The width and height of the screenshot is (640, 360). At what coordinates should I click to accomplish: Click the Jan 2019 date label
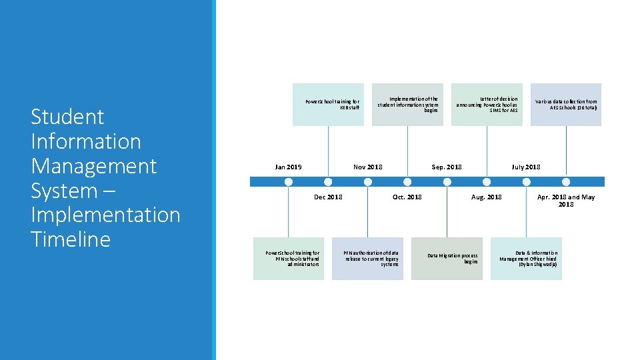[x=288, y=167]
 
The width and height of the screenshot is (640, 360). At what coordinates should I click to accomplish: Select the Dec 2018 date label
[x=328, y=197]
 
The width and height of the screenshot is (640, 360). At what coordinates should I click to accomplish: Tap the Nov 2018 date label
[x=368, y=167]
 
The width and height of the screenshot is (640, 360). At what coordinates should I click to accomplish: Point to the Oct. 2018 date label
[x=407, y=197]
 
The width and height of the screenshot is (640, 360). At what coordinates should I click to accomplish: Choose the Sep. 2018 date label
[x=447, y=167]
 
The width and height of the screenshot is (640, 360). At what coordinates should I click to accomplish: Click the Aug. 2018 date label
[x=487, y=197]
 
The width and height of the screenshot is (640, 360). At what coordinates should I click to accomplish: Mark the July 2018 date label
[x=526, y=167]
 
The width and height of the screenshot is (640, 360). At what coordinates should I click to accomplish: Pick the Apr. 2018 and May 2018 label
[x=566, y=201]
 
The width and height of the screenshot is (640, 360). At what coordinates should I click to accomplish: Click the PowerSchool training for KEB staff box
[x=328, y=105]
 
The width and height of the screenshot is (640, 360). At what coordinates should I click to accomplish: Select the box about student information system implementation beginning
[x=407, y=105]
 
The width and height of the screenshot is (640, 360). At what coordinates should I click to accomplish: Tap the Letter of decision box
[x=487, y=105]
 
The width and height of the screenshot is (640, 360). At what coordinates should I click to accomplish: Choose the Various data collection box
[x=566, y=105]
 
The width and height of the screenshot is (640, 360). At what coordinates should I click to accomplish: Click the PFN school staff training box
[x=289, y=259]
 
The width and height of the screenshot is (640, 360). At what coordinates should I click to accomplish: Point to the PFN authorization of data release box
[x=368, y=259]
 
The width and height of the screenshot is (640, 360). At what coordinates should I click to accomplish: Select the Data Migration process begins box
[x=447, y=259]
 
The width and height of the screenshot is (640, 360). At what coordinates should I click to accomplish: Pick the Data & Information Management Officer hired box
[x=526, y=259]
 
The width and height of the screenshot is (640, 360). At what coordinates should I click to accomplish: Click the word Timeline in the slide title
[x=71, y=239]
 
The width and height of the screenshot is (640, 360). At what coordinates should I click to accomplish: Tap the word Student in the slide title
[x=67, y=117]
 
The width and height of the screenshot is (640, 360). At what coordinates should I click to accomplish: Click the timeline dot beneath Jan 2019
[x=288, y=181]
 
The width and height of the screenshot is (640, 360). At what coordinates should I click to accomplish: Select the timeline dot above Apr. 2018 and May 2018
[x=566, y=181]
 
